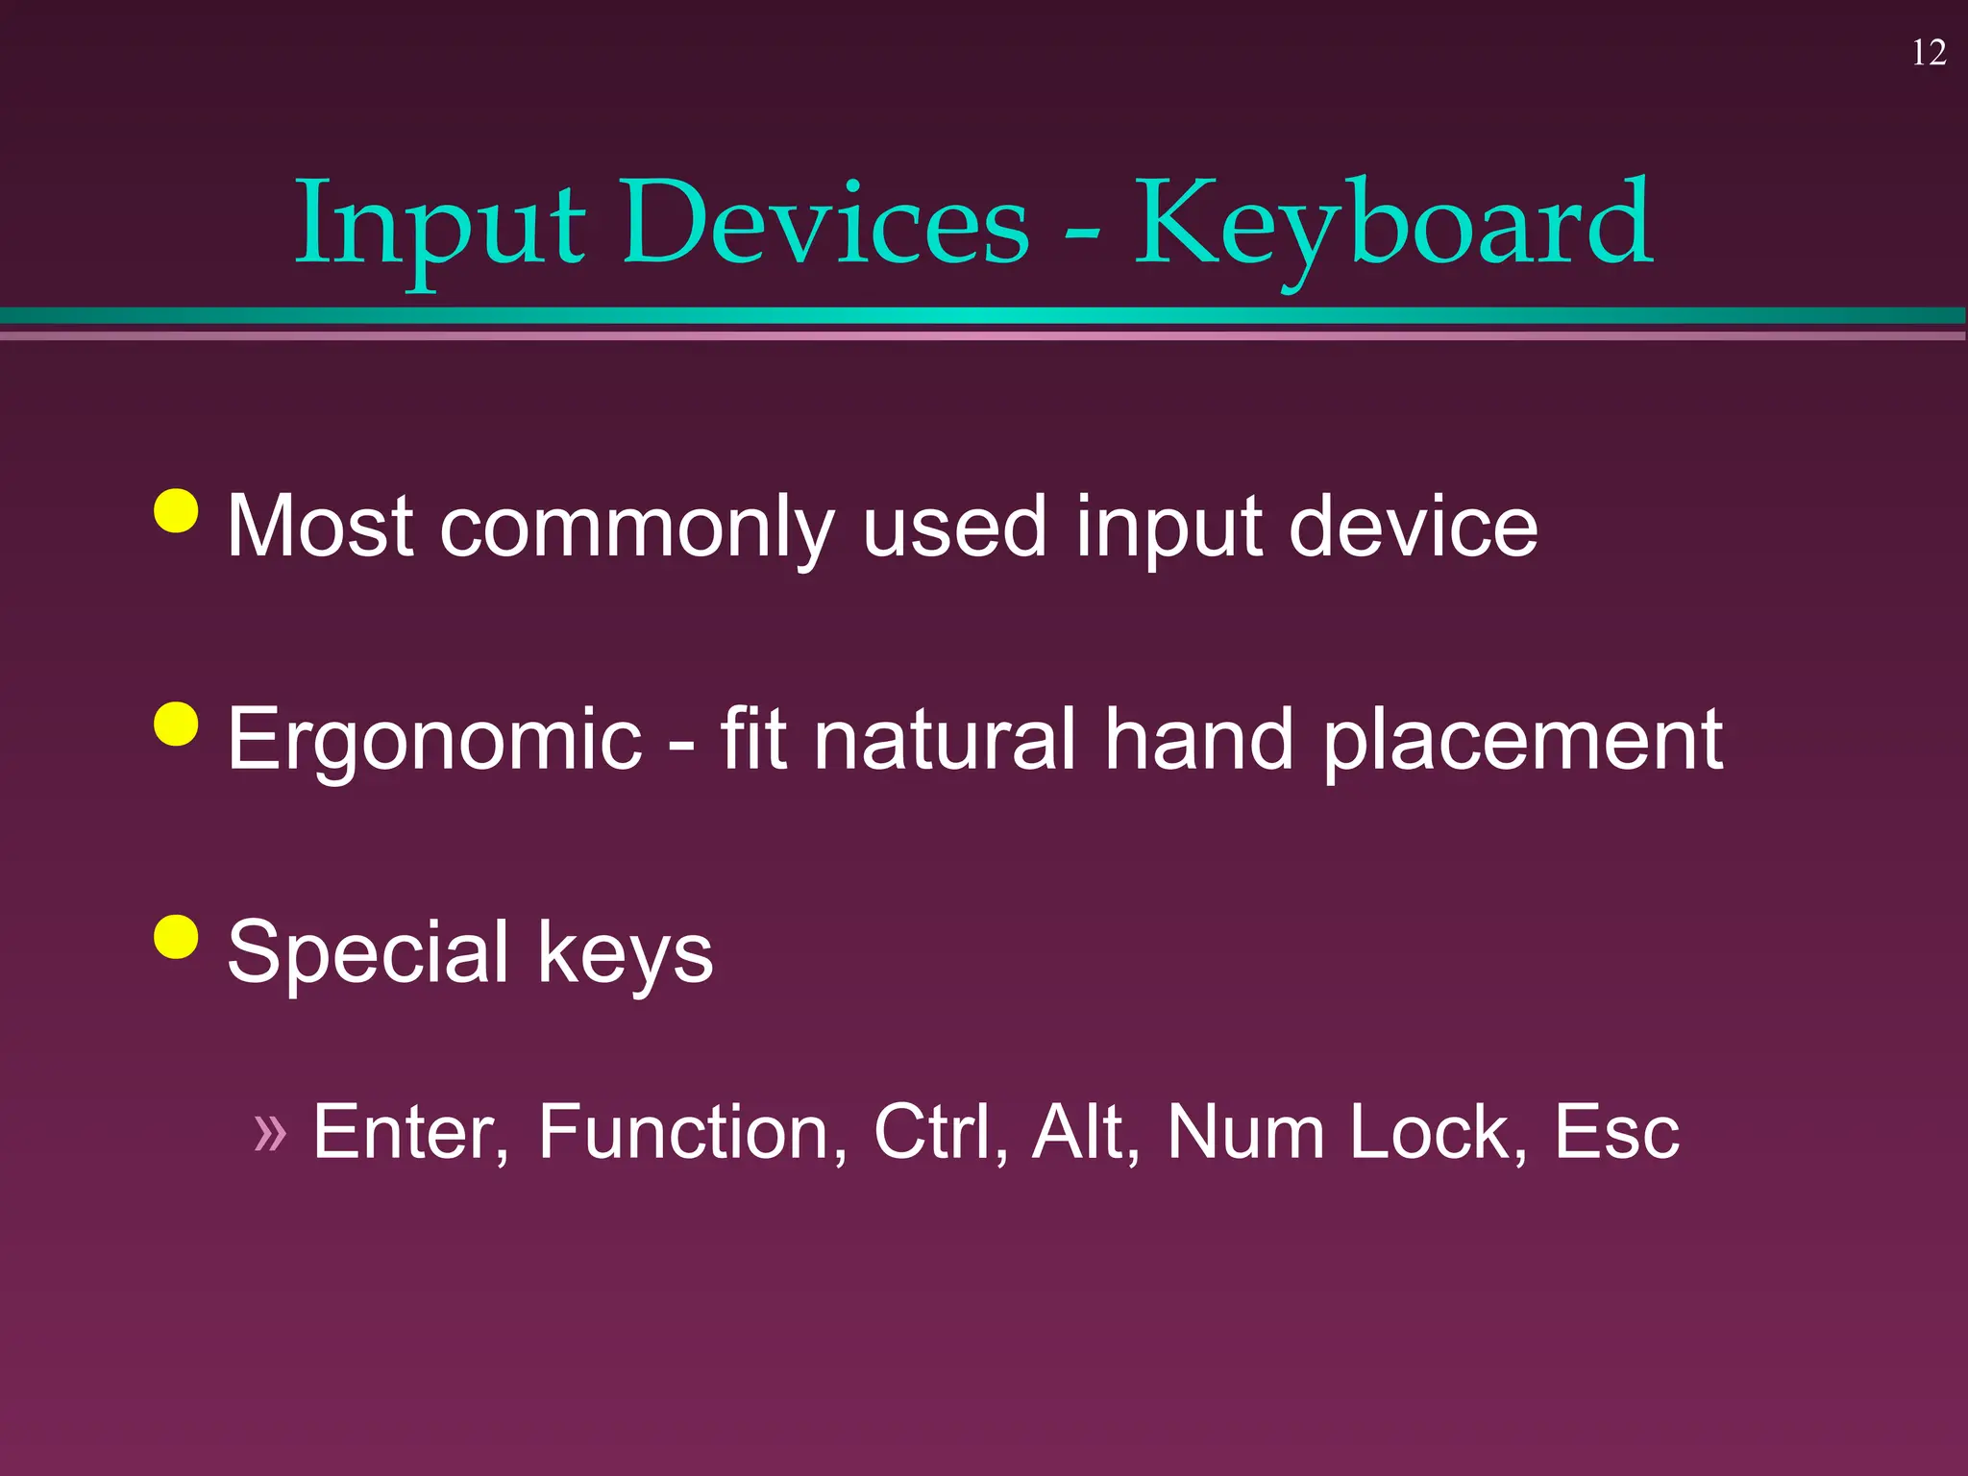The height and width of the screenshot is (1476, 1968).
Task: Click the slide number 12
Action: tap(1929, 53)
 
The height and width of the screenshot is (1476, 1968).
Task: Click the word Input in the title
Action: tap(439, 226)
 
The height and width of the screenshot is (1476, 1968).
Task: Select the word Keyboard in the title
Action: tap(1393, 226)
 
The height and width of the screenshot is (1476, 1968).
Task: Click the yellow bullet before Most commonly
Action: tap(176, 510)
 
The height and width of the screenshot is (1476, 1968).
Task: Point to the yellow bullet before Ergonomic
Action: tap(176, 724)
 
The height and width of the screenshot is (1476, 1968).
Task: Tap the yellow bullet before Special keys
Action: tap(176, 937)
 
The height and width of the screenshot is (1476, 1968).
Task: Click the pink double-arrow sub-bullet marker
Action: tap(270, 1132)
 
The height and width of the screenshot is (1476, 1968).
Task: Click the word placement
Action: tap(1522, 740)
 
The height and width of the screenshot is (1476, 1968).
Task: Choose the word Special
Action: tap(367, 952)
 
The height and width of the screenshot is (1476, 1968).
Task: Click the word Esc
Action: tap(1616, 1132)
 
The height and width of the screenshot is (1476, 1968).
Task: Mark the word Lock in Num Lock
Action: tap(1436, 1132)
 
